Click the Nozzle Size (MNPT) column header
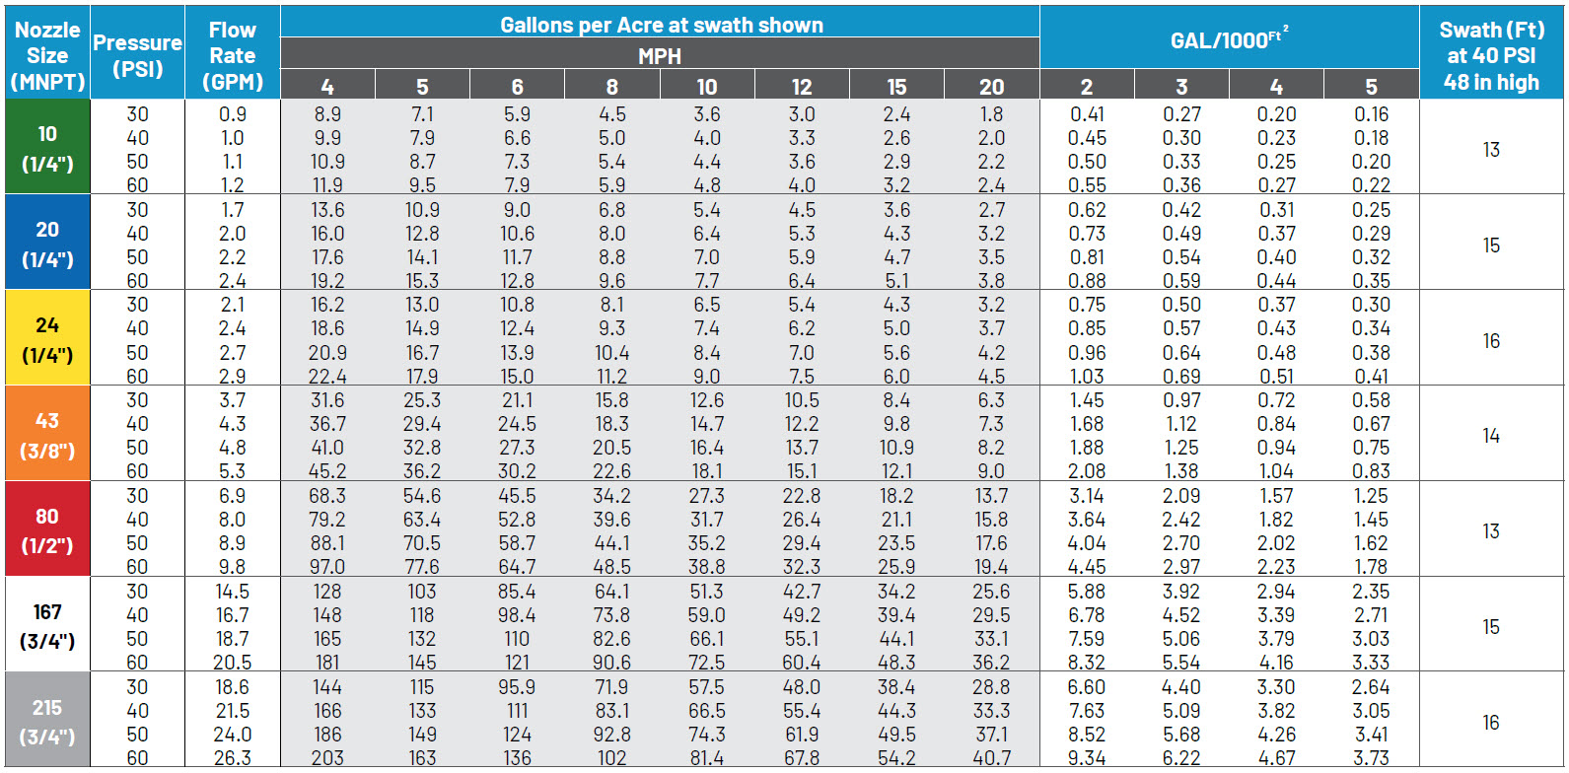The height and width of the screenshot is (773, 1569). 46,55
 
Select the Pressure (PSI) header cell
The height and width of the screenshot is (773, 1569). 137,55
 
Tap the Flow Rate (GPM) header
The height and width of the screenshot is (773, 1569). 233,55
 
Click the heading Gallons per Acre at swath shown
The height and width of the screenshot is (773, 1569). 661,25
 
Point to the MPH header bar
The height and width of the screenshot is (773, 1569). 660,55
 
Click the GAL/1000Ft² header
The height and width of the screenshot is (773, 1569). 1229,39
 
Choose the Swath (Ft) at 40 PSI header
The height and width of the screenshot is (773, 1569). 1491,55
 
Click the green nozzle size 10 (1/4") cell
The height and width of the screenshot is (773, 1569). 46,148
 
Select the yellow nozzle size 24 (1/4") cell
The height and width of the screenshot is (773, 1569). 46,338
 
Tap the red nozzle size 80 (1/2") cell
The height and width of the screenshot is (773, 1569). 46,529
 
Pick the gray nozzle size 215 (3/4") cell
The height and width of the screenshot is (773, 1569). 46,721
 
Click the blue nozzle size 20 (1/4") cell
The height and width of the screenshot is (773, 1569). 46,244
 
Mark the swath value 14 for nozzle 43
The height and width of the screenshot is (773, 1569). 1491,435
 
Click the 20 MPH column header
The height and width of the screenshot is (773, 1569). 991,87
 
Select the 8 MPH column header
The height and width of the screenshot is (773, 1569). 611,87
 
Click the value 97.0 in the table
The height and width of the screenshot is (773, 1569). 327,567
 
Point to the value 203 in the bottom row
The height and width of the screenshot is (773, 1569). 327,758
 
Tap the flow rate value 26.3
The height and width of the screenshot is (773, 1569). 233,758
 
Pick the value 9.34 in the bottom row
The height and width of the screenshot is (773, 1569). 1087,758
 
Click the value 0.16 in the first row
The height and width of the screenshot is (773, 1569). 1371,114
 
